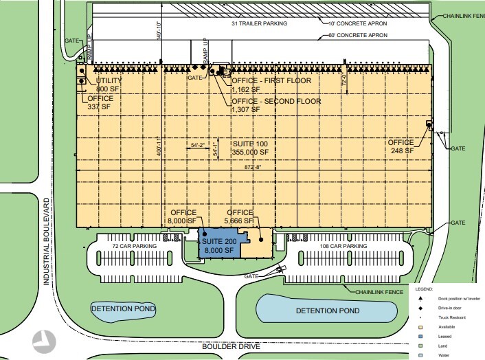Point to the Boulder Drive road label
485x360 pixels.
click(x=231, y=347)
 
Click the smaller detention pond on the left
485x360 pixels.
click(x=122, y=310)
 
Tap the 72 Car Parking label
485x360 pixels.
click(x=135, y=245)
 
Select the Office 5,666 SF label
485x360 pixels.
click(x=238, y=217)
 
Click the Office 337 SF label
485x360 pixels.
click(x=100, y=102)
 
